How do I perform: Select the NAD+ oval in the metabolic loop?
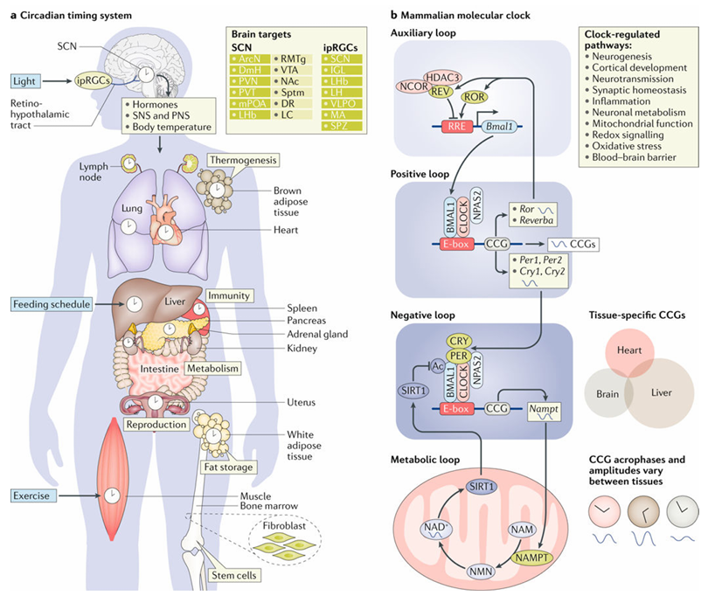point(434,531)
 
